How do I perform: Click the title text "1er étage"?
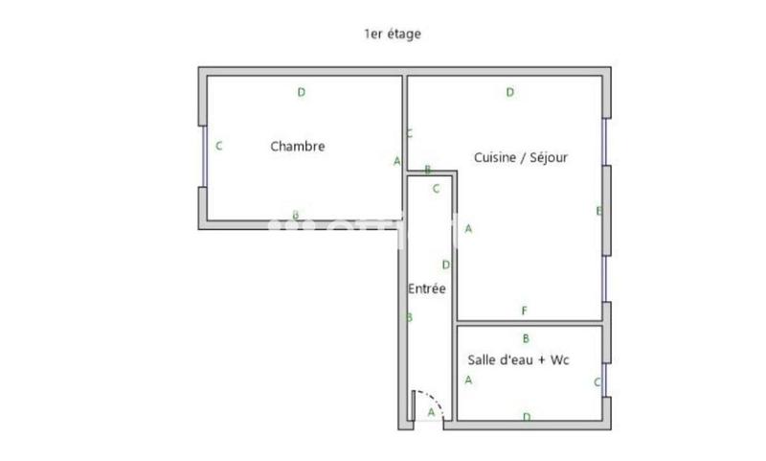(x=393, y=34)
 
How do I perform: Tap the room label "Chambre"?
(x=298, y=147)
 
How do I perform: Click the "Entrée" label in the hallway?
(x=426, y=288)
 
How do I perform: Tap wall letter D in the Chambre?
(x=301, y=93)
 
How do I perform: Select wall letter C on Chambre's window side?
(x=219, y=147)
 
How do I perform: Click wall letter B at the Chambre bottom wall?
(x=296, y=215)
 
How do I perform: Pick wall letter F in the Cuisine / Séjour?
(x=524, y=311)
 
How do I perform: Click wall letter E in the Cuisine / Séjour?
(x=598, y=211)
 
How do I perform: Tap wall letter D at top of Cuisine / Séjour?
(x=510, y=93)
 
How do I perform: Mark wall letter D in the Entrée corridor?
(x=445, y=265)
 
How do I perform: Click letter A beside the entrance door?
(x=431, y=413)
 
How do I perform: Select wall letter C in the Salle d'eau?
(x=597, y=381)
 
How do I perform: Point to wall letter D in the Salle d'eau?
(x=527, y=416)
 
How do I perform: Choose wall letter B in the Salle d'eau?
(x=526, y=338)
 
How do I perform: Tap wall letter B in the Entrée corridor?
(x=410, y=317)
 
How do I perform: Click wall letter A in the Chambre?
(x=396, y=161)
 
